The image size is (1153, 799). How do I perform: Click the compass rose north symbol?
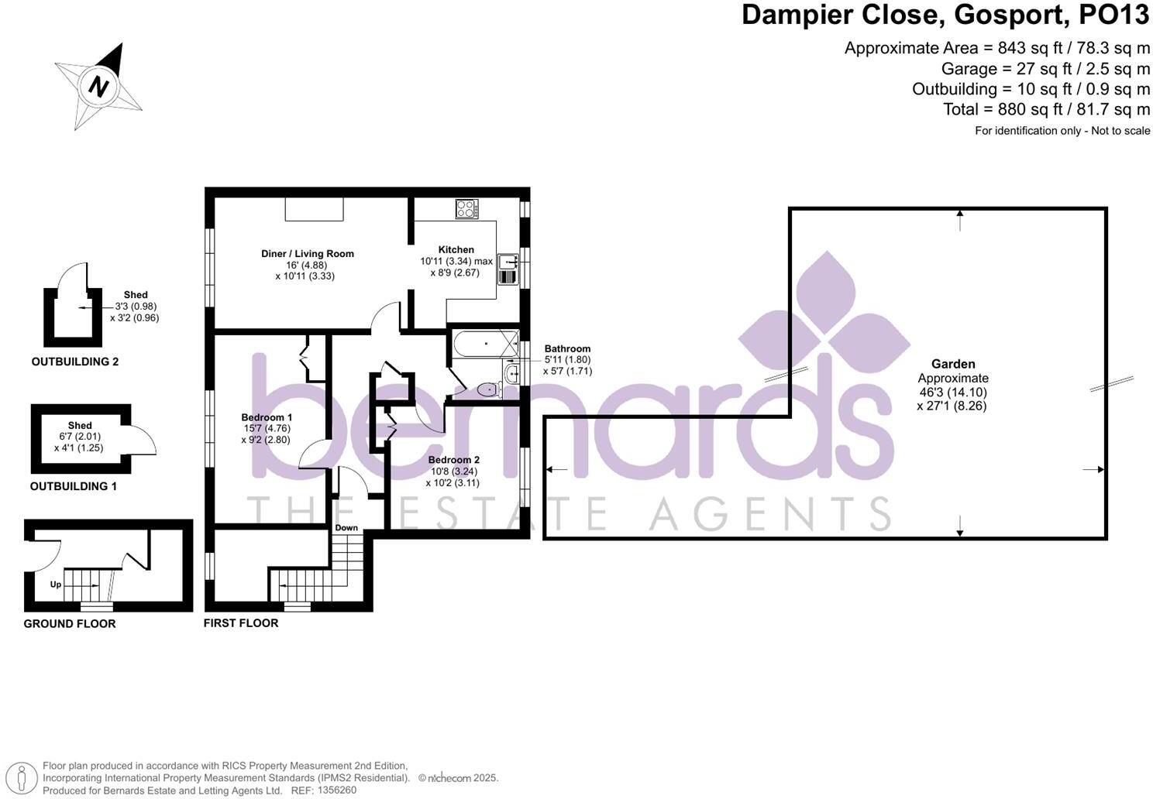coord(98,86)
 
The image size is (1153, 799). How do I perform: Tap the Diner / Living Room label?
coord(307,253)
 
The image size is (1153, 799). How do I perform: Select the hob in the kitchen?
coord(466,209)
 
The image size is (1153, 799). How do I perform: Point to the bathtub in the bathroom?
coord(485,343)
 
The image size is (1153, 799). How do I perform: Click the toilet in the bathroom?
coord(488,389)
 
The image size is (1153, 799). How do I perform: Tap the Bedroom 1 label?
coord(267,417)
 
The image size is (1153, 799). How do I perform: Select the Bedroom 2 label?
coord(454,460)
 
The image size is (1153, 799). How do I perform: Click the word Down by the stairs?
coord(346,528)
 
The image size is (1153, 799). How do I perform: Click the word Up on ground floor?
coord(56,585)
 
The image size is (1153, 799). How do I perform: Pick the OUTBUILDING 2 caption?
coord(75,362)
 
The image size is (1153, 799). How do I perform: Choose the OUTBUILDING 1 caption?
coord(73,486)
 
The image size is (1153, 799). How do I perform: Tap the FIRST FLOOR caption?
coord(241,623)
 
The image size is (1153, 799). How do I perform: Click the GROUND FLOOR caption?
coord(70,624)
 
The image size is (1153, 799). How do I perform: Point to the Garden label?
coord(953,364)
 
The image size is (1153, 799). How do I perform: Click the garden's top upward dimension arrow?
coord(960,220)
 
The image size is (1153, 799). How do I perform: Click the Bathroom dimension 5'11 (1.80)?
coord(567,359)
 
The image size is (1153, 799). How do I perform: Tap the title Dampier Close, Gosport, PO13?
coord(945,15)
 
